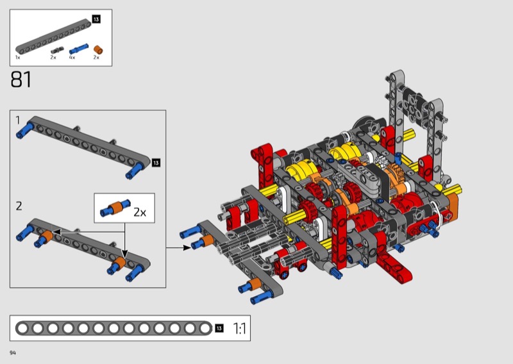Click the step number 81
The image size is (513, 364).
(21, 79)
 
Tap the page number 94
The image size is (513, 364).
(13, 352)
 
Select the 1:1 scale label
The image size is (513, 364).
(239, 328)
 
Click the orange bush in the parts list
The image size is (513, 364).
(98, 50)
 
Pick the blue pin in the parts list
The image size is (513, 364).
(78, 49)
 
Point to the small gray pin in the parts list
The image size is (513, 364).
(57, 50)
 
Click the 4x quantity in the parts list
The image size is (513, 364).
(72, 58)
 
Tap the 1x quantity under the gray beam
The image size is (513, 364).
(18, 58)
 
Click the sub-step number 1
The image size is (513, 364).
(18, 120)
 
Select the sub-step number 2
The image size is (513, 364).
(19, 206)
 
